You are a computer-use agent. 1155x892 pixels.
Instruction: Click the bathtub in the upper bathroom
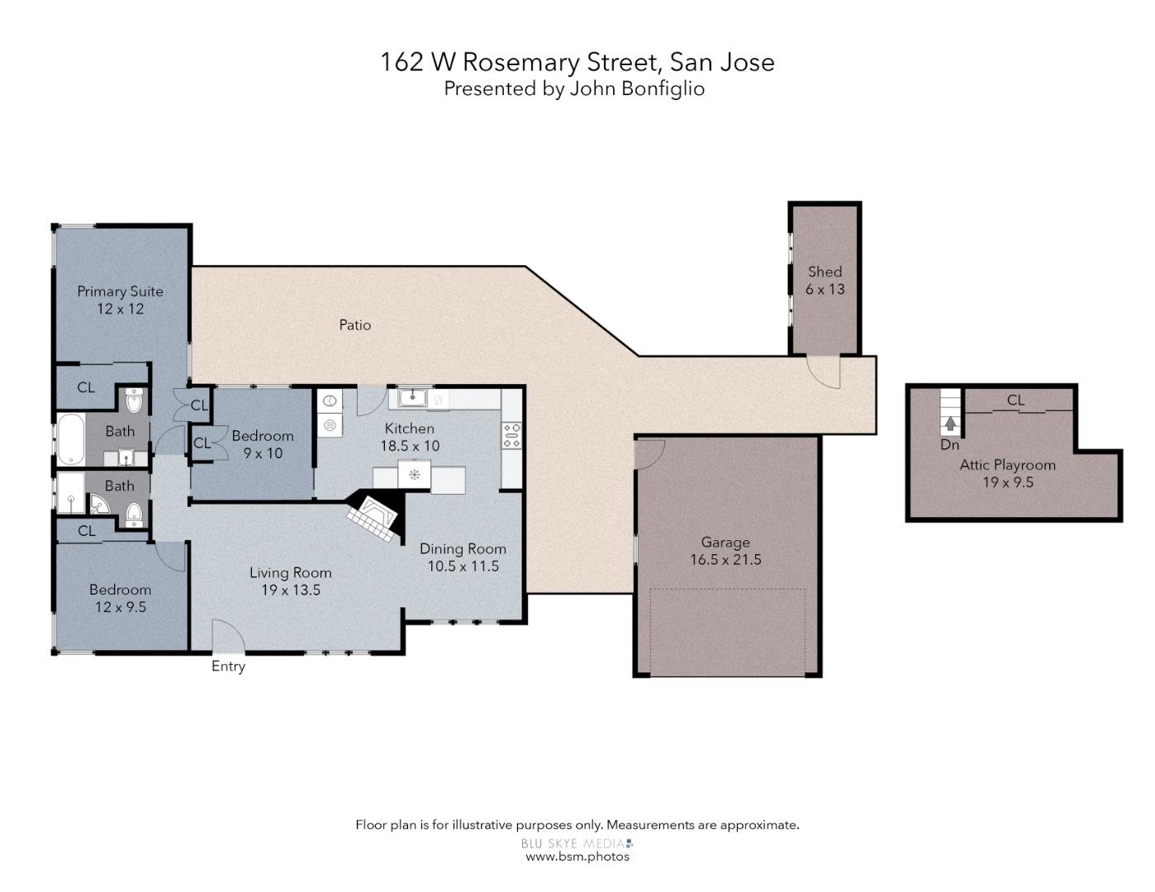(69, 438)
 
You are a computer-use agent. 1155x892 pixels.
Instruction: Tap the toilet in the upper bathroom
(135, 401)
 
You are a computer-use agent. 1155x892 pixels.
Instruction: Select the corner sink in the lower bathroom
(98, 504)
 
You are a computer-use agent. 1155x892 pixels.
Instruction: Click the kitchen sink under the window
(411, 398)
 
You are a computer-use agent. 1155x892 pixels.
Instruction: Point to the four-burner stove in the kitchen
(511, 435)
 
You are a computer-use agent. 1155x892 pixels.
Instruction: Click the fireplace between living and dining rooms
(373, 518)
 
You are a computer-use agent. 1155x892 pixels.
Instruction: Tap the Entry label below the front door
(228, 667)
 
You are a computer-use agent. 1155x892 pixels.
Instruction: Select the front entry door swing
(226, 637)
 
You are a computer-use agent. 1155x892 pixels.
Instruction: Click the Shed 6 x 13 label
(825, 280)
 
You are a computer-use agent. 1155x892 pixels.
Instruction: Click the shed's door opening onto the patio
(824, 372)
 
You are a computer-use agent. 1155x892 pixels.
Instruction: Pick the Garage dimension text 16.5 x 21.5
(725, 560)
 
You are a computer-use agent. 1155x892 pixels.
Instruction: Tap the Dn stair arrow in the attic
(950, 424)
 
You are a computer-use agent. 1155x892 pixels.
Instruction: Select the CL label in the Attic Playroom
(1015, 401)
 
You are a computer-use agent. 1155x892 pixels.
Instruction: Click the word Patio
(355, 325)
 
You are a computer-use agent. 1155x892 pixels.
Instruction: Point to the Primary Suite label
(120, 292)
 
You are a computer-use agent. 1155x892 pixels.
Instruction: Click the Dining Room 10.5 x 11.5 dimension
(463, 567)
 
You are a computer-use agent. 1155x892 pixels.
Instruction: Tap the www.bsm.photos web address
(577, 856)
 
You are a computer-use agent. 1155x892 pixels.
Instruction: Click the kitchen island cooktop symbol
(414, 475)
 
